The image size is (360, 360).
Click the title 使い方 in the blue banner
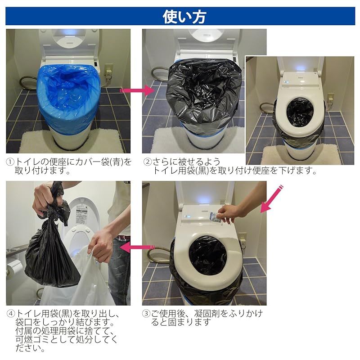184,17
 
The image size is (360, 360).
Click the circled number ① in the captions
10,162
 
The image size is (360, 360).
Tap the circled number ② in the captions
148,162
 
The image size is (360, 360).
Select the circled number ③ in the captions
146,313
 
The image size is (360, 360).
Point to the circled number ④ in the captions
11,314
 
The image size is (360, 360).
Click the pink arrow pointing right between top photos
137,90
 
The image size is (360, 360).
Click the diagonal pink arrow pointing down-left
271,199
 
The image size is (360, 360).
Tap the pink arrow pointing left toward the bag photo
137,247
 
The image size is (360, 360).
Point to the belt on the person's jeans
122,238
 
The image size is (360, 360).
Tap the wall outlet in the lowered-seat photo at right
331,101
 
